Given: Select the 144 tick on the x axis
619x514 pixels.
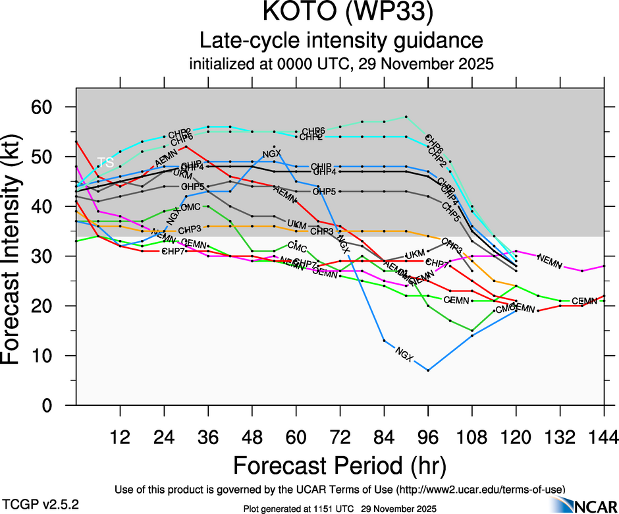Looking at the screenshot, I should click(x=604, y=437).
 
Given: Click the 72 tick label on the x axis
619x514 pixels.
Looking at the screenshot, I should click(x=340, y=437).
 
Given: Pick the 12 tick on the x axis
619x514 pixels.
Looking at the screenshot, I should click(x=120, y=437).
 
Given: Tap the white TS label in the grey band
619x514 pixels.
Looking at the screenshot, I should click(x=105, y=162).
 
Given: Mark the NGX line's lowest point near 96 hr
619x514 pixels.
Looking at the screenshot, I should click(x=428, y=370).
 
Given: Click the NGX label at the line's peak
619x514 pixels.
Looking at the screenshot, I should click(x=272, y=155).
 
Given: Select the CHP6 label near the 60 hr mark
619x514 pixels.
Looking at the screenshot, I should click(x=313, y=131).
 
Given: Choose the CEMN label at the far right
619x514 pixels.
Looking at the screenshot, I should click(x=584, y=301).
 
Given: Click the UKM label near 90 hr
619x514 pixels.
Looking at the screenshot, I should click(x=415, y=255).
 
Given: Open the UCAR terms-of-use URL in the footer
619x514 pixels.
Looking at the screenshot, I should click(x=479, y=490).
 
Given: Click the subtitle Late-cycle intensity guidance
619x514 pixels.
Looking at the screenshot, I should click(x=341, y=41).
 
